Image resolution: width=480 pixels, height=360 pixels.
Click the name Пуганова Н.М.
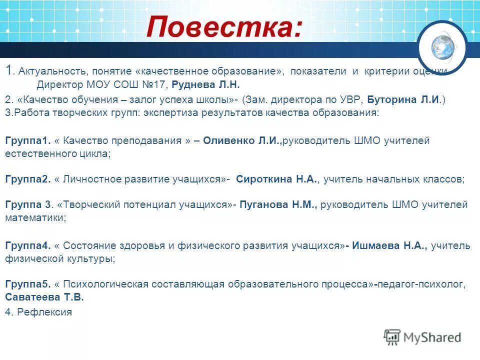[x=278, y=204]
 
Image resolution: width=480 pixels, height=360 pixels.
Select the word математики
[x=35, y=218]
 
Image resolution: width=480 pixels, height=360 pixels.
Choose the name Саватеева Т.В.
[x=44, y=297]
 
